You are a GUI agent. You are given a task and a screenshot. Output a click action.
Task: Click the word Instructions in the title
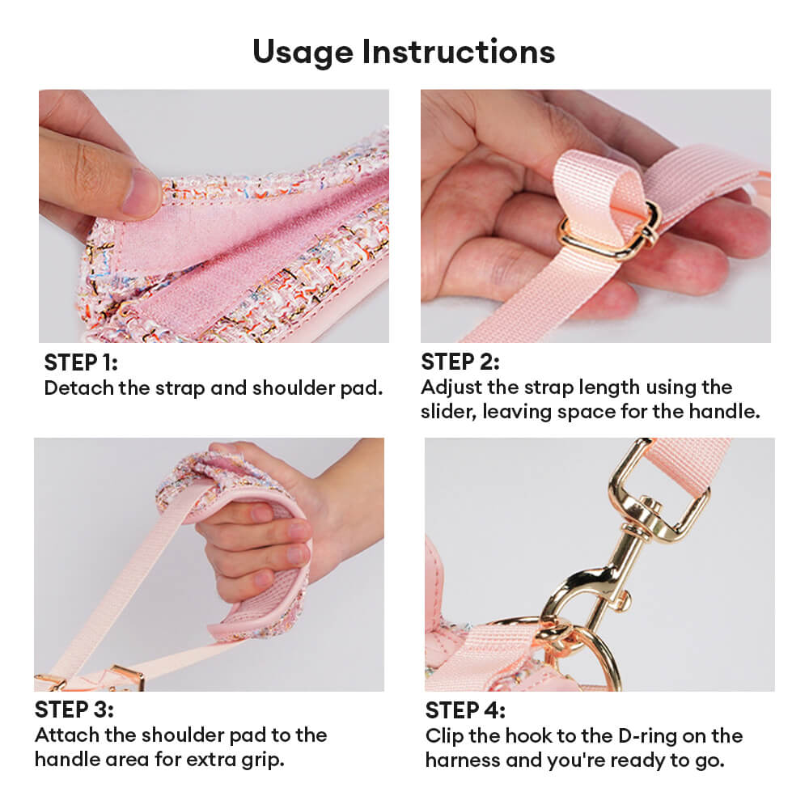459,52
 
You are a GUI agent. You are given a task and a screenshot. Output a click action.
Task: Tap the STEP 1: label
81,362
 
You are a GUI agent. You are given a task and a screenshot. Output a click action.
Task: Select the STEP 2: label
460,362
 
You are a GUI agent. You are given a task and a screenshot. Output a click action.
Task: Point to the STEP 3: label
74,709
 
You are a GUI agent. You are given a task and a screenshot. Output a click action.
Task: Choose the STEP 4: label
465,710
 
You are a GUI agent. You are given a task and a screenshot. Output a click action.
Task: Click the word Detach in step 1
79,388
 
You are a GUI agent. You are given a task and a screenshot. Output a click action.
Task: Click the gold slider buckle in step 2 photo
610,231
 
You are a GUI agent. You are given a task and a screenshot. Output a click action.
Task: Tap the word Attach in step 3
67,735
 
